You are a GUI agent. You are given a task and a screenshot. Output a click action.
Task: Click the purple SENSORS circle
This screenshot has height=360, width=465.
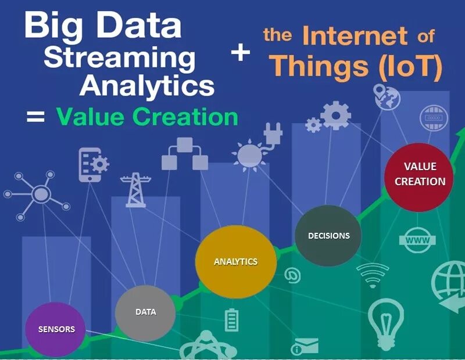point(56,329)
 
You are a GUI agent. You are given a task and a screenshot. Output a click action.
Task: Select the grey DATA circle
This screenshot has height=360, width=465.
point(145,312)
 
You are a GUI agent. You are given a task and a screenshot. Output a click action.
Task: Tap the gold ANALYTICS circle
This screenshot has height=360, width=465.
point(235,262)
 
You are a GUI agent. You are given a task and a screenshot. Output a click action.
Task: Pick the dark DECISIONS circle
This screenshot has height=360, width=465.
point(328,236)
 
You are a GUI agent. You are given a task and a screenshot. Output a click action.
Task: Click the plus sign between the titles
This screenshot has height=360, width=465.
point(240,53)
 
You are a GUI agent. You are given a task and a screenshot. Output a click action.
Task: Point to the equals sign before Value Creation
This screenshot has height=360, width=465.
point(35,117)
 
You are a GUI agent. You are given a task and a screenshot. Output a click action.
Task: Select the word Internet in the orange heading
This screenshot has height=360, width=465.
point(354,37)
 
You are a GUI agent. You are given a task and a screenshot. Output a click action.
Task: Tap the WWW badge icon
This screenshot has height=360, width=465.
point(417,240)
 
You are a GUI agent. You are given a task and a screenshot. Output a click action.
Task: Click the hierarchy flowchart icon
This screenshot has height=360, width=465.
point(184,154)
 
